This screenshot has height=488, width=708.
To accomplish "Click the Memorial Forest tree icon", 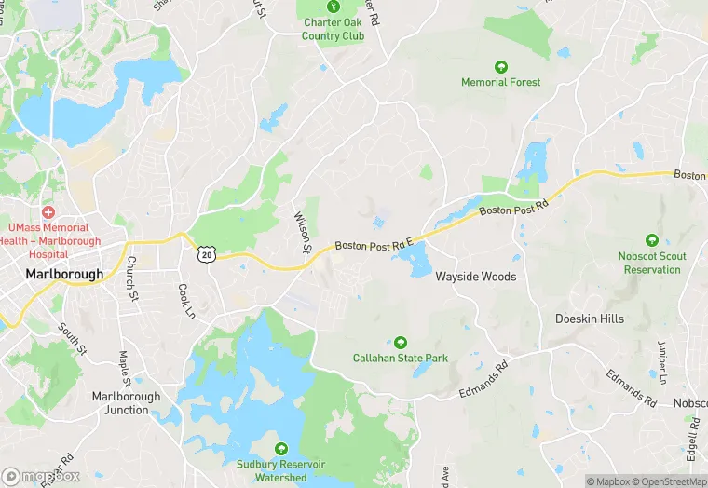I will click(500, 66).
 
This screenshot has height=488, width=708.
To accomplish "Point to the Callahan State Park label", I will click(400, 358).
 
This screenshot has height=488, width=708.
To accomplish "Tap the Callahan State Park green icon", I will click(401, 342).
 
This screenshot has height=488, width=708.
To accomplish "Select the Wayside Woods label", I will click(475, 277).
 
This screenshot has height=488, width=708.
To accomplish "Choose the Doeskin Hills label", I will click(590, 319).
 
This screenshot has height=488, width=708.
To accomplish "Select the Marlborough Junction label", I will click(126, 402).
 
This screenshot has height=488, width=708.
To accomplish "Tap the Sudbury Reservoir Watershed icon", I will click(280, 448).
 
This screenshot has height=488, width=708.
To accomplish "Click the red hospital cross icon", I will click(48, 212).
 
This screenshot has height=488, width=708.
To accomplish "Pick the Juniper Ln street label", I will click(662, 362).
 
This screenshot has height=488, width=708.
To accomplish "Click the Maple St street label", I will click(124, 368).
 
